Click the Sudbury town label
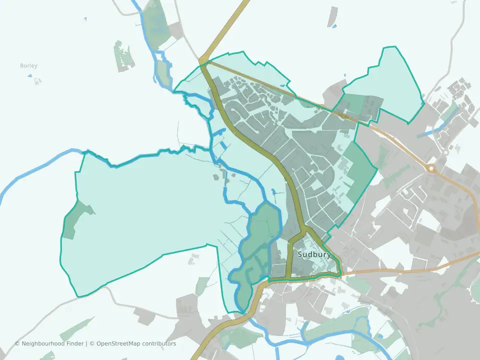pyautogui.click(x=314, y=254)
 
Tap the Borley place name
pyautogui.click(x=28, y=66)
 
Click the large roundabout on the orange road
pyautogui.click(x=431, y=168)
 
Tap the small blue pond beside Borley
pyautogui.click(x=29, y=76)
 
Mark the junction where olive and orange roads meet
pyautogui.click(x=204, y=62)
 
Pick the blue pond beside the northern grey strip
pyautogui.click(x=334, y=26)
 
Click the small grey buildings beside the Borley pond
pyautogui.click(x=37, y=80)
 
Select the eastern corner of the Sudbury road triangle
pyautogui.click(x=341, y=273)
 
